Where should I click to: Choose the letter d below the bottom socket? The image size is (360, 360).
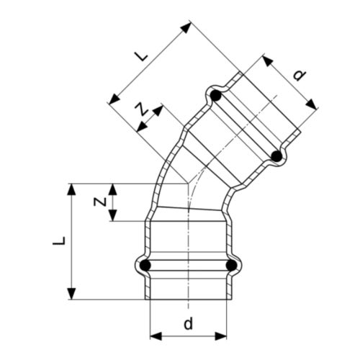pyautogui.click(x=188, y=324)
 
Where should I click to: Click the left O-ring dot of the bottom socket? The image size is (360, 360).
pyautogui.click(x=145, y=266)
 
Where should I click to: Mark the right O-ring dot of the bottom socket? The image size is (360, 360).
pyautogui.click(x=231, y=266)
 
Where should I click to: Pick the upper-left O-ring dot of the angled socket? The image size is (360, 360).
pyautogui.click(x=215, y=94)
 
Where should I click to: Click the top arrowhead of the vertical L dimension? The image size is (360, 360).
pyautogui.click(x=71, y=188)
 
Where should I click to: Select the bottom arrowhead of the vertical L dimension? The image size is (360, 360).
pyautogui.click(x=71, y=295)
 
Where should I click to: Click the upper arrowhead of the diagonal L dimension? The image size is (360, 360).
pyautogui.click(x=188, y=27)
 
